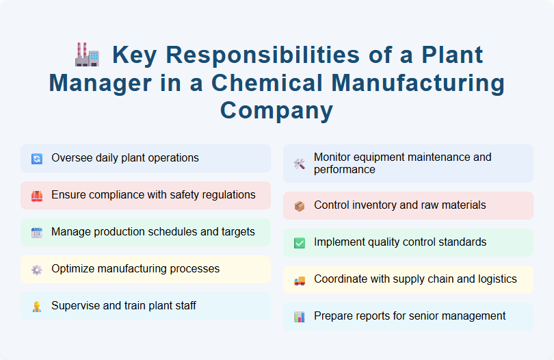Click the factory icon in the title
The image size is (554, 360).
point(87,54)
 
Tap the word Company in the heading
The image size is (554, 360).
point(276,110)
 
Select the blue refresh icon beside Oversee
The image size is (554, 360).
point(37,159)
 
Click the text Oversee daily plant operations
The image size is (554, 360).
point(124,158)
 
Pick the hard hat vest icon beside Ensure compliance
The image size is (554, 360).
point(37,196)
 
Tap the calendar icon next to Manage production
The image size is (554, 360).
point(37,233)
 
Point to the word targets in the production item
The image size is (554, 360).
point(236,232)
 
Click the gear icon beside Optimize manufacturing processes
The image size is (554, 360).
point(37,270)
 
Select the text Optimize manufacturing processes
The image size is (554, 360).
point(135,269)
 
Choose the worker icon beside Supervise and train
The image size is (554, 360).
point(37,307)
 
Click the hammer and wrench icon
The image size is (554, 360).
point(300,164)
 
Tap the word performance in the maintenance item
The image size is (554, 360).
point(345,170)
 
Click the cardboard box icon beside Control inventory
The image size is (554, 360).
point(300,206)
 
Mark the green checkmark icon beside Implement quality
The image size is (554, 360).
point(300,243)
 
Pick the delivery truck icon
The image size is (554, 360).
point(300,280)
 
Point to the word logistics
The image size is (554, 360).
point(494,279)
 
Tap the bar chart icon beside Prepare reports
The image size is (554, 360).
point(300,317)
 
